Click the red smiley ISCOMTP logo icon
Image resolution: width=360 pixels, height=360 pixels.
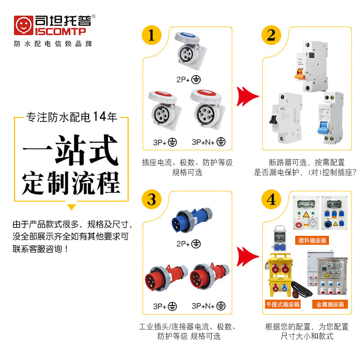22,26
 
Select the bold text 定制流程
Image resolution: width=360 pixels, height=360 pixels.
71,183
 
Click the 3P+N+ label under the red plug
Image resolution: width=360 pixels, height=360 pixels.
208,306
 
